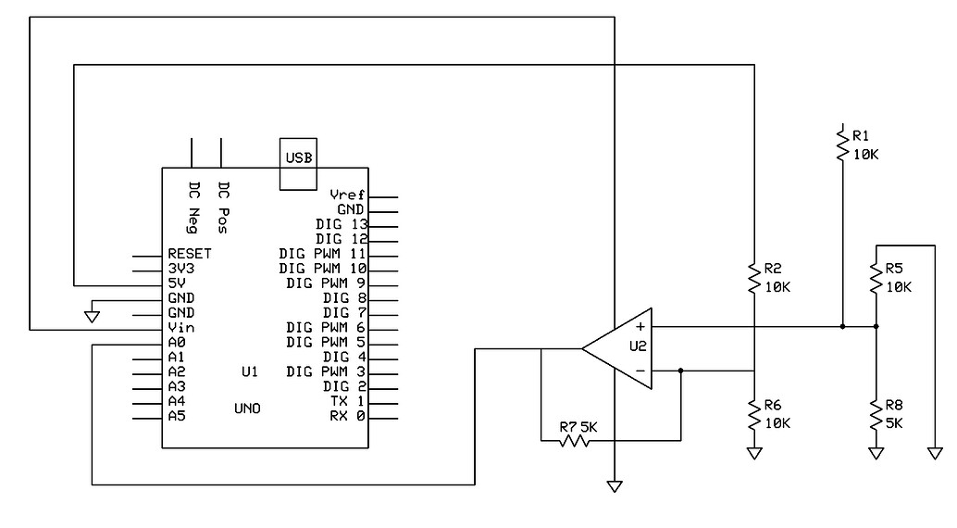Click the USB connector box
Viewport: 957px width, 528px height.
point(298,164)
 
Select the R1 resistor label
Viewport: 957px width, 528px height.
point(861,135)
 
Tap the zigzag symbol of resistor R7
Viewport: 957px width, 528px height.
point(574,440)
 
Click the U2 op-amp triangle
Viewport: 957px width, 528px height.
point(617,348)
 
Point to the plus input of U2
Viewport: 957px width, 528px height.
point(640,327)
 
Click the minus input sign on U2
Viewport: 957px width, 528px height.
point(640,371)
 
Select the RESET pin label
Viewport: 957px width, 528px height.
point(190,254)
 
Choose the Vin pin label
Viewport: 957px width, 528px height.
point(181,328)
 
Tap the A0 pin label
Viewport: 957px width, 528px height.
point(177,342)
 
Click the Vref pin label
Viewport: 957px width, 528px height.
point(347,195)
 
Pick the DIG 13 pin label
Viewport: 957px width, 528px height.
point(342,224)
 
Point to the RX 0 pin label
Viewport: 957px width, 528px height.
point(347,416)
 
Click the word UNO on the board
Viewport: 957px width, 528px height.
point(247,409)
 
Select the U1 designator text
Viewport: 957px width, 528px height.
point(250,371)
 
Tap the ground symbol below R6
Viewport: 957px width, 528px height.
point(754,454)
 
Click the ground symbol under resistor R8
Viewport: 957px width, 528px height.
point(876,454)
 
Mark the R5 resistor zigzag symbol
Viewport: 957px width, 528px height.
point(876,278)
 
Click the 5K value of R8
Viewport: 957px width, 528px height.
point(894,423)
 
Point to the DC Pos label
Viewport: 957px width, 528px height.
point(223,207)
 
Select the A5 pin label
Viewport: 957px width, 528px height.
point(177,416)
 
